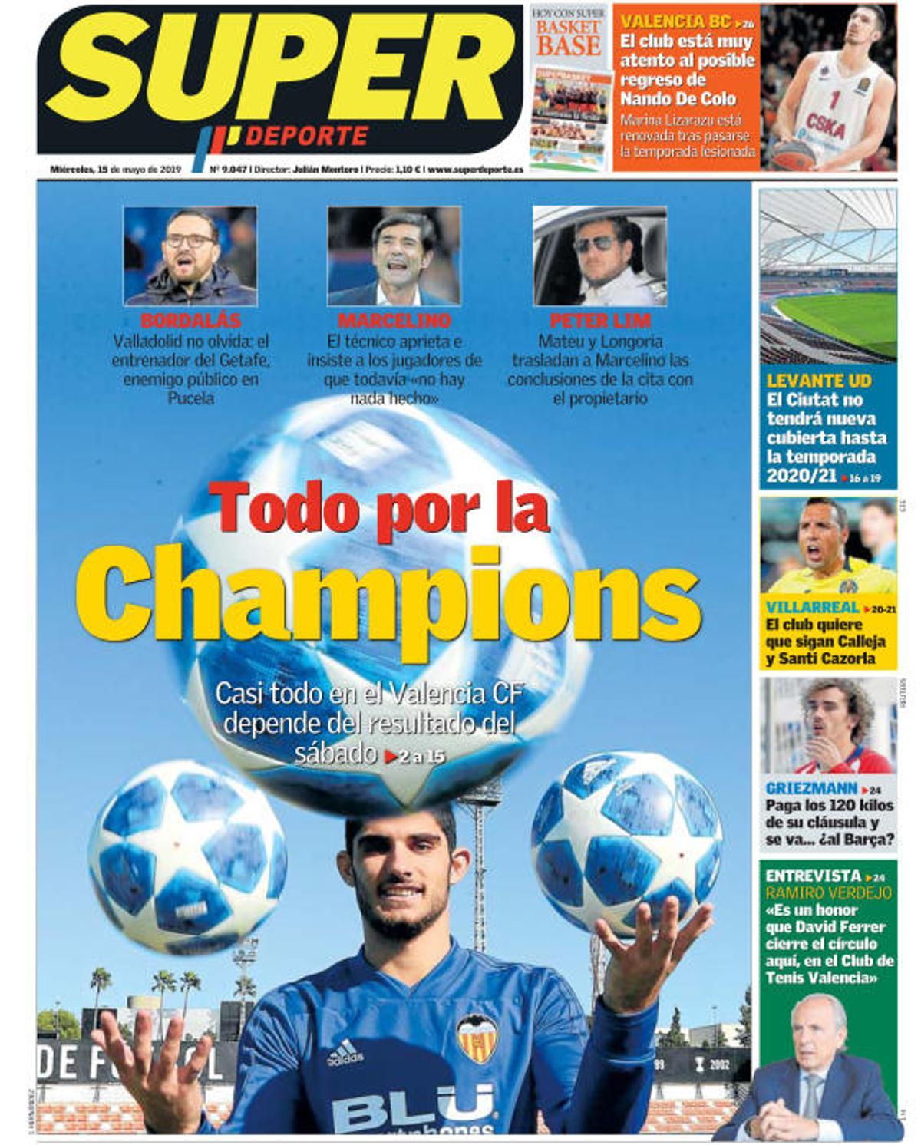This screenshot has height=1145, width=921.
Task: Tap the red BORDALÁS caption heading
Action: tap(191, 320)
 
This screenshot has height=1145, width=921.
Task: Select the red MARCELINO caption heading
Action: tap(394, 320)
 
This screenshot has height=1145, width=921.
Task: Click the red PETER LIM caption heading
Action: tap(600, 320)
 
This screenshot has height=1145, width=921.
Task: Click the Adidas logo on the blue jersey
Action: tap(345, 1053)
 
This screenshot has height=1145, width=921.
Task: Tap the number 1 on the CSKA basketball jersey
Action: tap(834, 100)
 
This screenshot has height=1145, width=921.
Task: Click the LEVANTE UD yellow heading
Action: tap(819, 380)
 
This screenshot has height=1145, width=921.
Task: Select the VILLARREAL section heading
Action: tap(812, 608)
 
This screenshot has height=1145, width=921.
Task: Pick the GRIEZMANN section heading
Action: tap(811, 788)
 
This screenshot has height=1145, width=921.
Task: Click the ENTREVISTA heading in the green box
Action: tap(813, 876)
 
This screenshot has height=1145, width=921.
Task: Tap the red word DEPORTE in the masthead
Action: tap(307, 137)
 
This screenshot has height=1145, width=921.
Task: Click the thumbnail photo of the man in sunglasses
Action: tap(599, 256)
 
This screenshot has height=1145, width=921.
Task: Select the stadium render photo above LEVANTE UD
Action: tap(827, 276)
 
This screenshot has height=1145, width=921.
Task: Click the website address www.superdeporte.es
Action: tap(476, 170)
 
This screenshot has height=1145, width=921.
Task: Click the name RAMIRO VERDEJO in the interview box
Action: tap(828, 893)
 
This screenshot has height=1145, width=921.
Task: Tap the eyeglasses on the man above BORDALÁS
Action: tap(189, 240)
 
